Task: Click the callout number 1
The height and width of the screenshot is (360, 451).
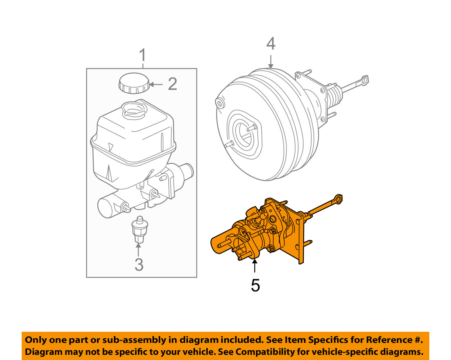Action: click(143, 56)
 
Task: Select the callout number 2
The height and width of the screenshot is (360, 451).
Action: click(172, 84)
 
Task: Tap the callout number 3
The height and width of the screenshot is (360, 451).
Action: click(139, 265)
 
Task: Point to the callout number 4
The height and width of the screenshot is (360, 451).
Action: click(271, 44)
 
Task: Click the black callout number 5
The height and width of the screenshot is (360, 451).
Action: click(255, 285)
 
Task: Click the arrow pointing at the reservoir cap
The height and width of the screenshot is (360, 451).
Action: click(156, 84)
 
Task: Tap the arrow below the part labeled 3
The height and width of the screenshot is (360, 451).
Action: click(138, 250)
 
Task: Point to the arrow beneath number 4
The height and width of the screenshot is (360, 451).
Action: click(271, 62)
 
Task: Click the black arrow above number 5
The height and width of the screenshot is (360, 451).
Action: click(255, 266)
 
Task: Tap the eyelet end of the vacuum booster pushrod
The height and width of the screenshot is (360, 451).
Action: click(365, 80)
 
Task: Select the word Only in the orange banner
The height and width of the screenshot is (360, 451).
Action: click(36, 340)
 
